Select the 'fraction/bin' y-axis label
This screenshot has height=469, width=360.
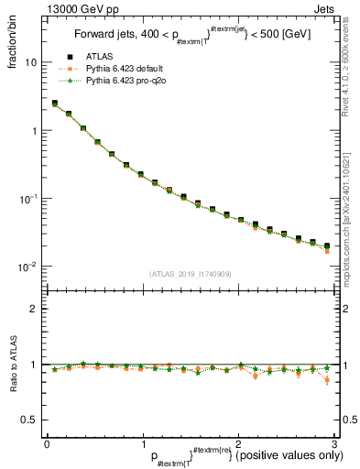14,43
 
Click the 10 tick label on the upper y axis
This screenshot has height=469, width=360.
30,62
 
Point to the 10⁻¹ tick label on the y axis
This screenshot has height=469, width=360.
28,199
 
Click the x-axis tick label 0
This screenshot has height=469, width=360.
47,443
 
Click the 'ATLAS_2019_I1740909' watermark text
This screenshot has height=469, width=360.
189,274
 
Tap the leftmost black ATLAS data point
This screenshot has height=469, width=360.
55,104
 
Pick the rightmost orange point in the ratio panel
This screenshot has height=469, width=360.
326,380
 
